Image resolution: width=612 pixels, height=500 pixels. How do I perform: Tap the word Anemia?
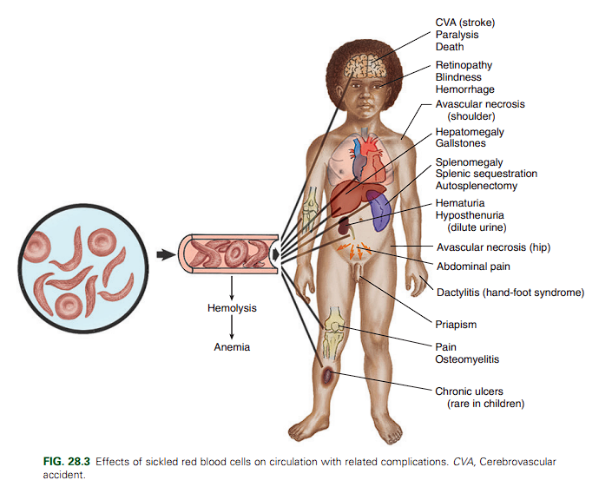(232, 347)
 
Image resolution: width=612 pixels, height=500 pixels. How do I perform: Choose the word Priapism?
(456, 325)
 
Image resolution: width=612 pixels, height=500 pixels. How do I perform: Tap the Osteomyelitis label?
(467, 359)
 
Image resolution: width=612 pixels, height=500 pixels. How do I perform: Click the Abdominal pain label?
(473, 266)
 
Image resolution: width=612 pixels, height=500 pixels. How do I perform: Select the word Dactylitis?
(458, 293)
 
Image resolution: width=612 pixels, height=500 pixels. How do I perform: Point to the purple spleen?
(381, 211)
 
